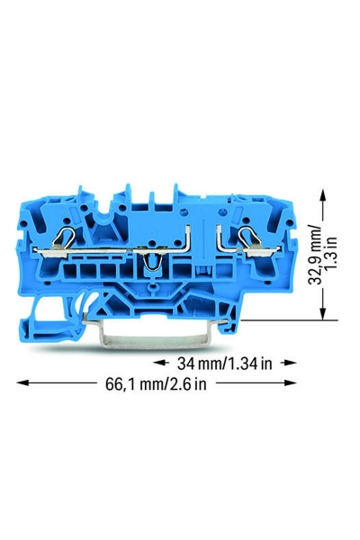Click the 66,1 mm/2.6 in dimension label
[156, 384]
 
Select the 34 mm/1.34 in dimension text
[225, 364]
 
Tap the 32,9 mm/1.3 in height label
[322, 255]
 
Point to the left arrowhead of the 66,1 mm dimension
[22, 382]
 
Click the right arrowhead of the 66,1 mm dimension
[291, 382]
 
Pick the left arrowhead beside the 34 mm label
[158, 363]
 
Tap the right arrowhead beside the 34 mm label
[291, 363]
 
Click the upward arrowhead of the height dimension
[323, 194]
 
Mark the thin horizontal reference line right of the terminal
[290, 320]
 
